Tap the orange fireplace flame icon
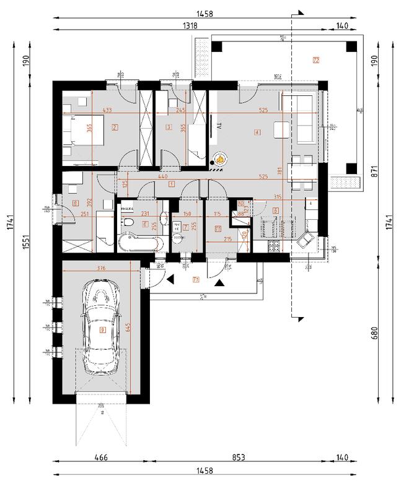click(x=219, y=161)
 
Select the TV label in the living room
click(x=219, y=126)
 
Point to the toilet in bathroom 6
click(x=128, y=223)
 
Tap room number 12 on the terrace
click(x=316, y=61)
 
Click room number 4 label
click(x=256, y=131)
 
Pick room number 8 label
click(x=76, y=202)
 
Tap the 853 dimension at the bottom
click(x=239, y=458)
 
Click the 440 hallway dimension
click(x=162, y=177)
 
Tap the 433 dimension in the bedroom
click(x=107, y=110)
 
